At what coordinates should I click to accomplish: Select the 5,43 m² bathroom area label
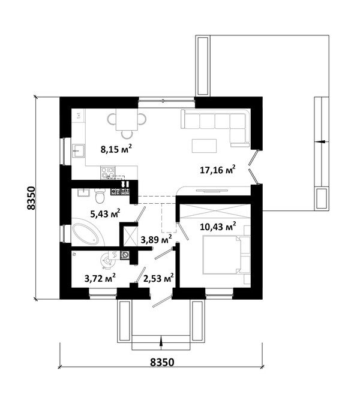point(105,213)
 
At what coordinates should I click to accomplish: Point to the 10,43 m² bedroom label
point(218,226)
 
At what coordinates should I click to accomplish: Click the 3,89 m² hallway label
point(157,239)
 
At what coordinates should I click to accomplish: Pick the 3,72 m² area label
point(100,278)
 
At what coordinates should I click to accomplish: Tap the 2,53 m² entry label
point(158,278)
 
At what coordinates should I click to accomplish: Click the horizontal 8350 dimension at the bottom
point(162,362)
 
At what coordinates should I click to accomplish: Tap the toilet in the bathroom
point(100,196)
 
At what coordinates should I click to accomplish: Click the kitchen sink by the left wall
point(79,151)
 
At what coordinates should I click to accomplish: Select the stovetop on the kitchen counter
point(108,173)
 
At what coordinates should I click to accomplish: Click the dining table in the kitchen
point(127,119)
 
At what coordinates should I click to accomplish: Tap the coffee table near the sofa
point(204,146)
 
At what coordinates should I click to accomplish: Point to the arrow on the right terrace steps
point(322,142)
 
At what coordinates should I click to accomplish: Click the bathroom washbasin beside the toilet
point(83,192)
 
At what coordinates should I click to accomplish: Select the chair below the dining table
point(127,135)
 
